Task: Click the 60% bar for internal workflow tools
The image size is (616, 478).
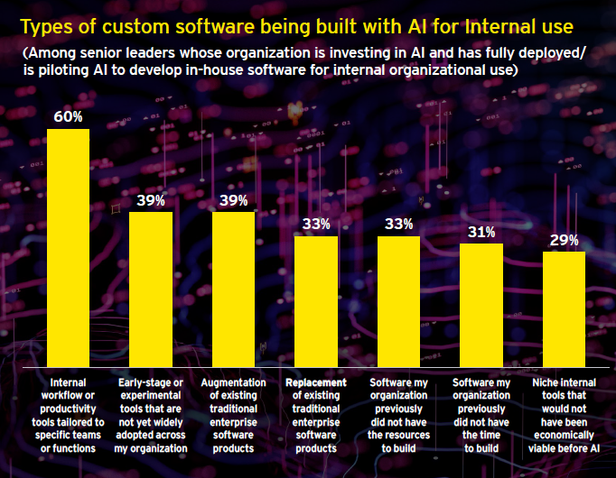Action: [x=68, y=248]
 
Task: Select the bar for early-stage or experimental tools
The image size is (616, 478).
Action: [x=151, y=290]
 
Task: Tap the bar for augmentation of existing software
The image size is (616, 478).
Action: [x=233, y=290]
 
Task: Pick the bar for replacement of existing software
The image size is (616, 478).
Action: [x=316, y=301]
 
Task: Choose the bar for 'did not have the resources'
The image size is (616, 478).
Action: [x=398, y=301]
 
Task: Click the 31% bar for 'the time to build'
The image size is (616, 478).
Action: [x=481, y=305]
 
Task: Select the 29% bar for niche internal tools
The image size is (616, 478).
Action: [x=565, y=309]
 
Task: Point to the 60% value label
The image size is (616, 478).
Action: [x=68, y=116]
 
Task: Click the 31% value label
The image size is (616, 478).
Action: [x=481, y=232]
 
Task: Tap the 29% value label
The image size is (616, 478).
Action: [x=565, y=240]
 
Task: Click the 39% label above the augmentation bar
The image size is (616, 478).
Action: [x=233, y=200]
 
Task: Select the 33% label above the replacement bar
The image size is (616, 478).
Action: [x=316, y=224]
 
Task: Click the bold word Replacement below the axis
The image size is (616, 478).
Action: [x=316, y=382]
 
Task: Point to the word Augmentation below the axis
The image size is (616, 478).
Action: [x=233, y=382]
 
